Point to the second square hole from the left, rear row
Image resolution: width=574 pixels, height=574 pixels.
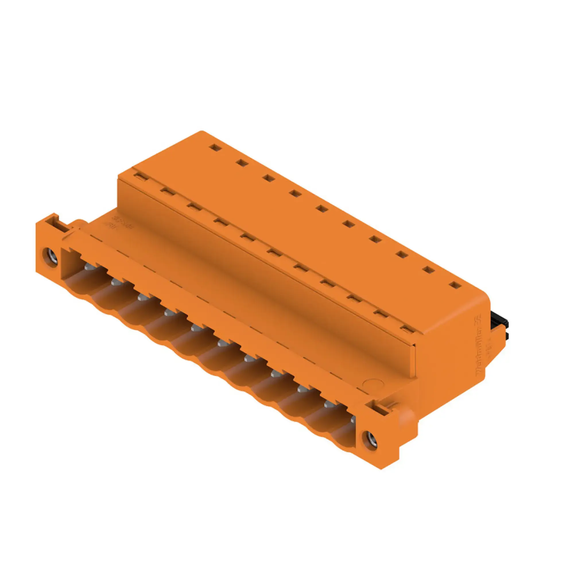[x=242, y=162]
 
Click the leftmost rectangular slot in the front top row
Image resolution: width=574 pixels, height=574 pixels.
[x=141, y=177]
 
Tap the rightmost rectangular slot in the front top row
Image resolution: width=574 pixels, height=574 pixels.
[x=407, y=329]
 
